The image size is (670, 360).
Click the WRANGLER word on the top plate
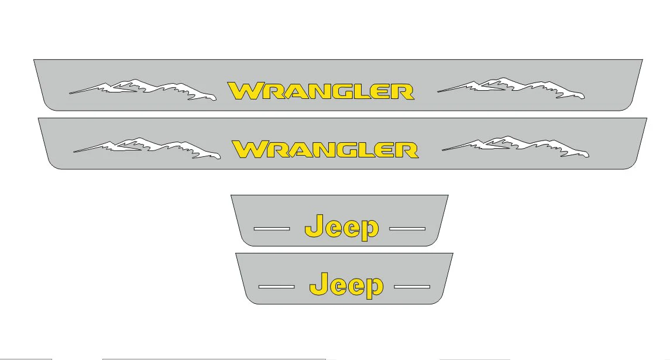pos(321,91)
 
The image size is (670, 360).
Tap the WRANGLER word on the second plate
pos(325,149)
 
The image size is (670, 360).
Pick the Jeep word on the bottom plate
pos(346,284)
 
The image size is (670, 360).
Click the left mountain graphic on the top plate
pos(143,90)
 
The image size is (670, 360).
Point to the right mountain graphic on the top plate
pos(511,88)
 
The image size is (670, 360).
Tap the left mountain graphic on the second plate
pos(147,148)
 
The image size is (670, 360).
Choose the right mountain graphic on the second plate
pos(516,147)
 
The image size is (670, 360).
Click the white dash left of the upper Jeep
pos(272,229)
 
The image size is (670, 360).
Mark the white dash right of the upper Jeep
pos(407,229)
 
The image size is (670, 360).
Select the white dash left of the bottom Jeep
pos(276,286)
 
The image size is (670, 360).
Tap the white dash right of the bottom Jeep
pos(412,286)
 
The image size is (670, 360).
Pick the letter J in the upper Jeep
pos(314,225)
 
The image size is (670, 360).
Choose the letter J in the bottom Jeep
pos(318,283)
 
